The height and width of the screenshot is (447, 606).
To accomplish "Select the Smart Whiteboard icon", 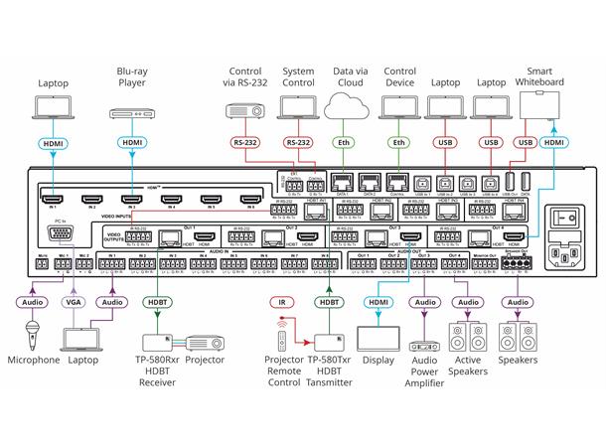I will pos(552,107).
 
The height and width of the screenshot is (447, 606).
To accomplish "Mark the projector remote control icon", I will pos(287,343).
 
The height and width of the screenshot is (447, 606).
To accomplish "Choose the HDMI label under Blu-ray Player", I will pos(133,143).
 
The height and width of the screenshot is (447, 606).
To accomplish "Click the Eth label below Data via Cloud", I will pos(345,143).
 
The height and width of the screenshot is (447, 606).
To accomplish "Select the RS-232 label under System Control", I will pos(300,143).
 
